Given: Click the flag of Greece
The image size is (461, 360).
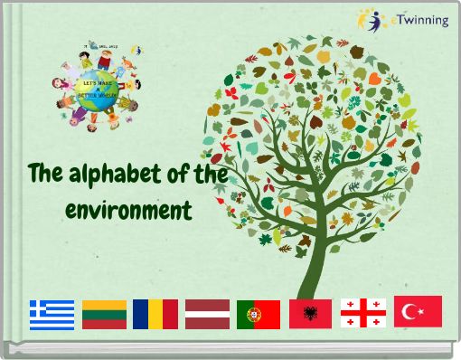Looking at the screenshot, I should click(52, 314).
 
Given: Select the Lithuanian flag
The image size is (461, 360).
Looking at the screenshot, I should click(104, 314).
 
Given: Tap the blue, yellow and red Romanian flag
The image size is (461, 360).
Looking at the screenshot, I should click(155, 314).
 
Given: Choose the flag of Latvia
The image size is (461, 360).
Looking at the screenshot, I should click(207, 314).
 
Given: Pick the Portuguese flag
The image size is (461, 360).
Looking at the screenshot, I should click(259, 314).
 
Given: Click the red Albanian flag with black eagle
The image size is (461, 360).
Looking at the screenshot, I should click(310, 314).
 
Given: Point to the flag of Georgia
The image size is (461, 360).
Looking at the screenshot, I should click(363, 313).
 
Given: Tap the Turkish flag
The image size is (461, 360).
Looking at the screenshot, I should click(418, 311).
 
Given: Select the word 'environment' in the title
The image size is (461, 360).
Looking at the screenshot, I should click(129, 212).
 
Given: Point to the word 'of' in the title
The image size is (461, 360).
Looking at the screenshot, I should click(171, 173).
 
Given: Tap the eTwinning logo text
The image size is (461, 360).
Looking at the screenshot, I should click(421, 20).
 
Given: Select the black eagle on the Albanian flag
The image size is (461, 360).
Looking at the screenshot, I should click(310, 314).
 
